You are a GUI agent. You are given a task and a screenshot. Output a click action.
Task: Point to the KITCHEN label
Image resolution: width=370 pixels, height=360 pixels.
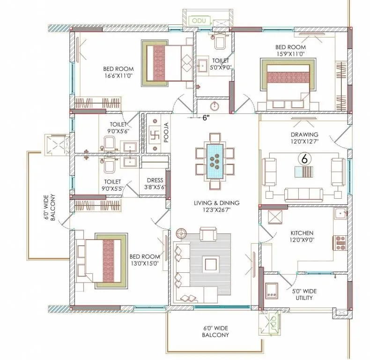(302, 233)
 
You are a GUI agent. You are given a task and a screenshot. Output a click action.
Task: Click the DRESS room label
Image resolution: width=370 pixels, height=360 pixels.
(155, 180)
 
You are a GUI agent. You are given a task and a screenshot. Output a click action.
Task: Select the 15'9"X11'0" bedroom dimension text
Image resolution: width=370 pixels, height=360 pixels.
(291, 54)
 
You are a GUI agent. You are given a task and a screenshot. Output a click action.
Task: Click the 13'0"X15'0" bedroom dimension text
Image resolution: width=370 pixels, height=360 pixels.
(145, 263)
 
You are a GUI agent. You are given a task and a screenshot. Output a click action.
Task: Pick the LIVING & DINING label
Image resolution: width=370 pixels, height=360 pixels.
(216, 203)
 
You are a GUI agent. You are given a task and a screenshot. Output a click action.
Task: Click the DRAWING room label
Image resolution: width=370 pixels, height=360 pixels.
(304, 135)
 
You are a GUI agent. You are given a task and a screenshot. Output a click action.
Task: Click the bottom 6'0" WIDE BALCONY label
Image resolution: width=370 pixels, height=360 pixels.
(215, 331)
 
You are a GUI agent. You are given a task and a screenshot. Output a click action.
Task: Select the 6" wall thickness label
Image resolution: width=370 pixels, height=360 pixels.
(207, 118)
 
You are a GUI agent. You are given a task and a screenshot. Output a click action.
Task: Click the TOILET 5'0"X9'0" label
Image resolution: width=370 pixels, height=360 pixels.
(221, 64)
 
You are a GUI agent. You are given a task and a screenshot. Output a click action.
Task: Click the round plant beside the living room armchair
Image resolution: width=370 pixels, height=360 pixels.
(181, 232)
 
